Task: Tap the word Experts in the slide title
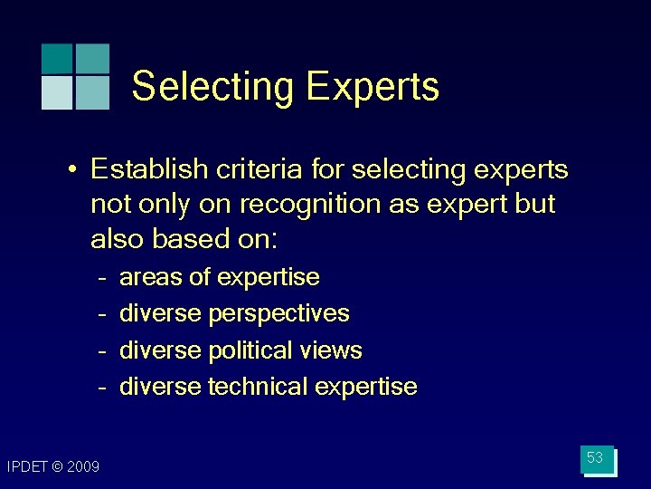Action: [372, 87]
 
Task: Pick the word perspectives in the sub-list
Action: [278, 313]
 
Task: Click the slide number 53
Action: [595, 458]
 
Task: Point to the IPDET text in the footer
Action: [28, 466]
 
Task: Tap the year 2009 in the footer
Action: [83, 466]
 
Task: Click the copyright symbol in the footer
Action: [58, 466]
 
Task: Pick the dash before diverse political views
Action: [104, 351]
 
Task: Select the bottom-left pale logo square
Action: [57, 93]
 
